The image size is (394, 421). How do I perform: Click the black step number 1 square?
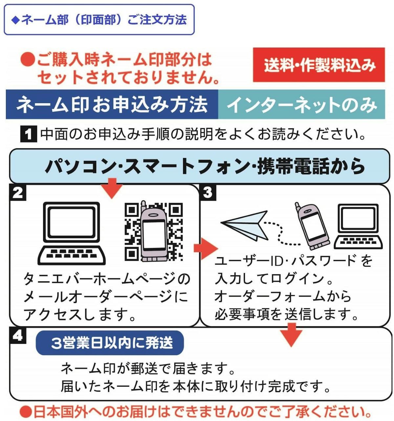coord(28,134)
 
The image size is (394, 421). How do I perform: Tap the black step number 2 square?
coord(18,193)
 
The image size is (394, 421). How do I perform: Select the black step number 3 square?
coord(208,193)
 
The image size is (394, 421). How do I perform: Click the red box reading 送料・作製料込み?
coord(318,65)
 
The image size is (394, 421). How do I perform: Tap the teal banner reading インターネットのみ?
coord(301,104)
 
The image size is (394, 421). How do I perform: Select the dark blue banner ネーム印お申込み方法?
coord(112,104)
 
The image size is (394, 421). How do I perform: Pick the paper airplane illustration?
coord(245,225)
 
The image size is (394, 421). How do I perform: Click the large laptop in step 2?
coord(71,233)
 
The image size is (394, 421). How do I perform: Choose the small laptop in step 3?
coord(358,226)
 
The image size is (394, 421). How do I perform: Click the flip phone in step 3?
coord(312,226)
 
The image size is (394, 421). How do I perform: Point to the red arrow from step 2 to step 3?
coord(206,248)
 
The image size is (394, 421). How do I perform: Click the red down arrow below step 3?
coord(291,335)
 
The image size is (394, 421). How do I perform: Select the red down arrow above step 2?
coord(112,188)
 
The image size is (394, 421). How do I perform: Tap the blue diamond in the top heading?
coord(15,20)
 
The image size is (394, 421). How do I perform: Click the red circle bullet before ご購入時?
coord(28,59)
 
